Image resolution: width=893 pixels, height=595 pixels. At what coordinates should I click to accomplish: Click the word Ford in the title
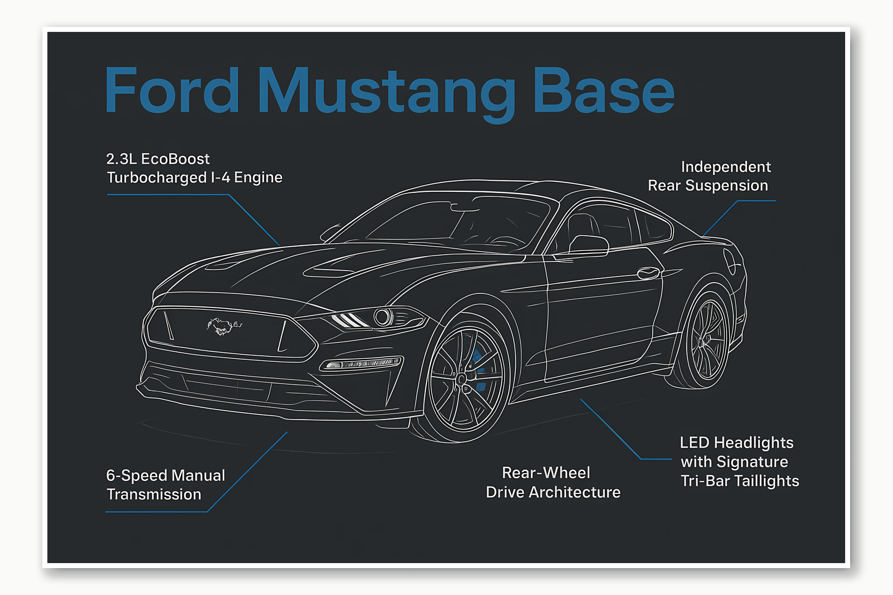(172, 91)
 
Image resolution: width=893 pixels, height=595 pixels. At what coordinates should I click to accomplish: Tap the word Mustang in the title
(386, 93)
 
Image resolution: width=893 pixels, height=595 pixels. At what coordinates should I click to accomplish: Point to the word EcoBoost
(176, 159)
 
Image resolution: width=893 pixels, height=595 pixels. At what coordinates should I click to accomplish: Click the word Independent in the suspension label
(725, 167)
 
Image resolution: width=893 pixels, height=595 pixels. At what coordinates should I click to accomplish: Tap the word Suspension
(726, 185)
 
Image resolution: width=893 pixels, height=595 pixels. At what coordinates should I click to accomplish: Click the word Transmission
(154, 494)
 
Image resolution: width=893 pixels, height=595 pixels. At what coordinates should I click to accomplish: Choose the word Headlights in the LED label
(753, 443)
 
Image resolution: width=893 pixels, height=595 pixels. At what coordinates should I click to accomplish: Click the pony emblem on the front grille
(220, 326)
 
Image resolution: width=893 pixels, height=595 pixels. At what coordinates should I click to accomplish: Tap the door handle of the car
(648, 273)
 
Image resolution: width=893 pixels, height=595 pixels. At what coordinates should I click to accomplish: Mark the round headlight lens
(383, 317)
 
